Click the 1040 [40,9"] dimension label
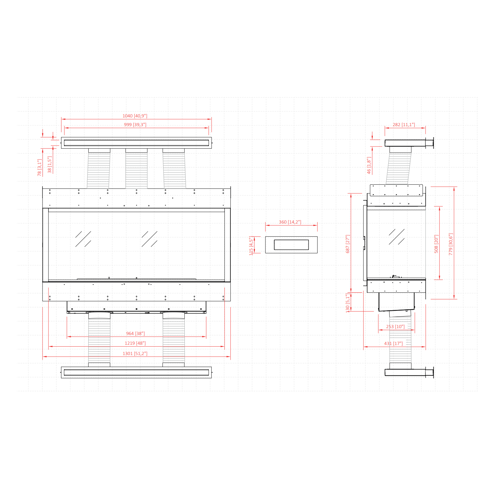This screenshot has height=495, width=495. [135, 116]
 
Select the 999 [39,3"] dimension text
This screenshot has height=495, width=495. [135, 125]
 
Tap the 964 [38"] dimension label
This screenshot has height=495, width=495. [135, 333]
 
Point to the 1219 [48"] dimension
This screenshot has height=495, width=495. [135, 343]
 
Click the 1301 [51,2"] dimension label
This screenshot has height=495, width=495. [135, 353]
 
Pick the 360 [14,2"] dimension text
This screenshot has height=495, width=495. [290, 222]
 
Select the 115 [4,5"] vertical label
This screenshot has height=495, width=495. [251, 246]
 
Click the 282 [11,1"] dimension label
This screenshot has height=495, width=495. [404, 125]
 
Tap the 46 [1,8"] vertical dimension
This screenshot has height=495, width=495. [369, 165]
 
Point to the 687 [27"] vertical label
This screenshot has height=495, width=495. [348, 244]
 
